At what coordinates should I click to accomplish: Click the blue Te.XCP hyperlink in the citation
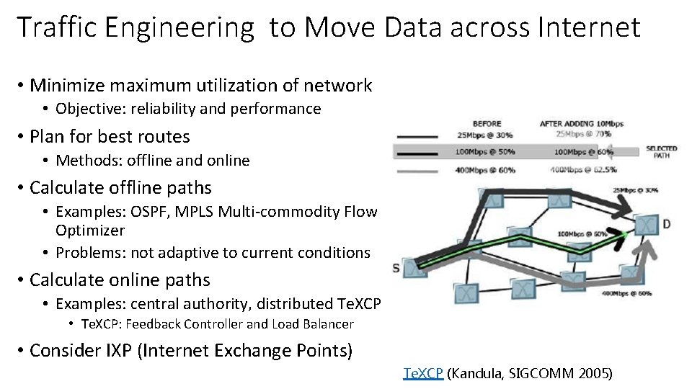424,373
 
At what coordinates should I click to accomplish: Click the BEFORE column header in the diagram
487,123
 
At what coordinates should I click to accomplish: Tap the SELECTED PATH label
661,152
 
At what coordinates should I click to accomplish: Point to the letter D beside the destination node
665,224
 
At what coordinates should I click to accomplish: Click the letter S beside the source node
396,268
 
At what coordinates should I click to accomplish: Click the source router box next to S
414,268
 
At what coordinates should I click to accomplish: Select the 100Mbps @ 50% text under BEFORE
485,152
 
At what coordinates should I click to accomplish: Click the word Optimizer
90,231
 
